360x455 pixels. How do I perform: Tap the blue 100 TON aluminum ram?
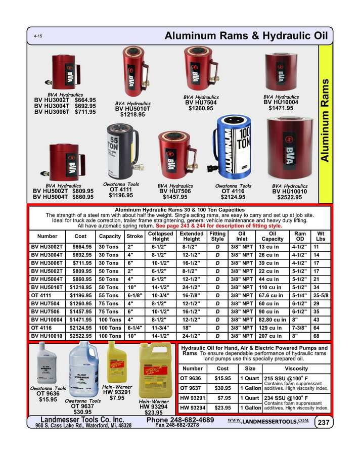coord(233,148)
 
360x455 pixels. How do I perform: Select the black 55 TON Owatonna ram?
coord(121,151)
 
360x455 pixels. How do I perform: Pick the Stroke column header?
coord(134,236)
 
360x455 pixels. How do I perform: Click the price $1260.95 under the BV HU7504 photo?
coord(201,108)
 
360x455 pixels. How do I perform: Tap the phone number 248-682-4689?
coord(180,420)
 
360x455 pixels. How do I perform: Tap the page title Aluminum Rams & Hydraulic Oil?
coord(246,36)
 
